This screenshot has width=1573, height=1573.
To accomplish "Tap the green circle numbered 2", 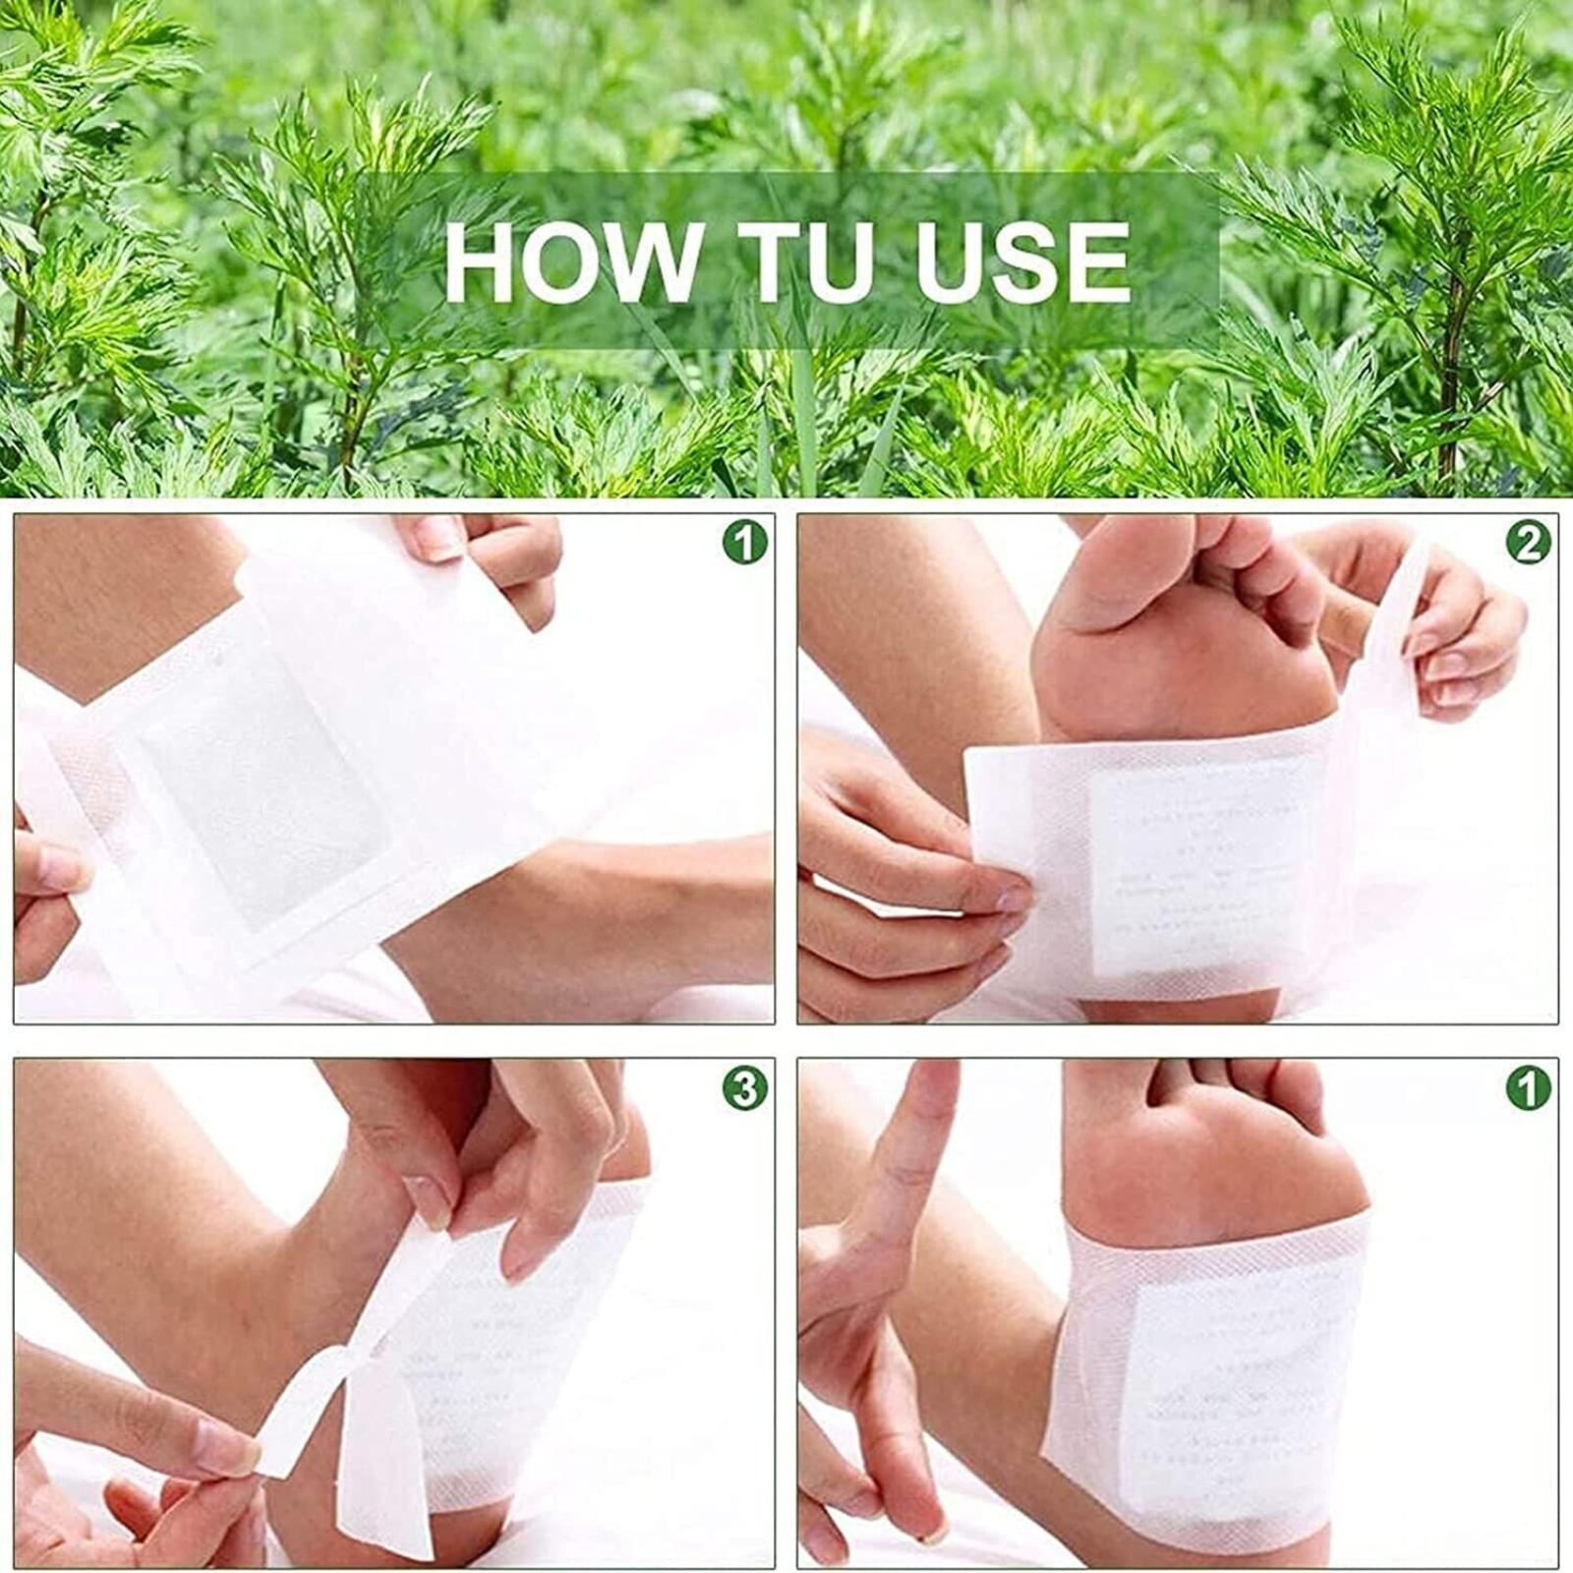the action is tap(1528, 543).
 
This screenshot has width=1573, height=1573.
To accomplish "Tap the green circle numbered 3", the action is tap(744, 1088).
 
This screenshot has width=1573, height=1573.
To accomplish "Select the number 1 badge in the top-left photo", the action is tap(744, 543).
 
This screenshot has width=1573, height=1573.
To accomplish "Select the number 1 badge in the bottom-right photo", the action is tap(1528, 1088).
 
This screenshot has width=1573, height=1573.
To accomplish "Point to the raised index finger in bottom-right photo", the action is tap(919, 1140).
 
